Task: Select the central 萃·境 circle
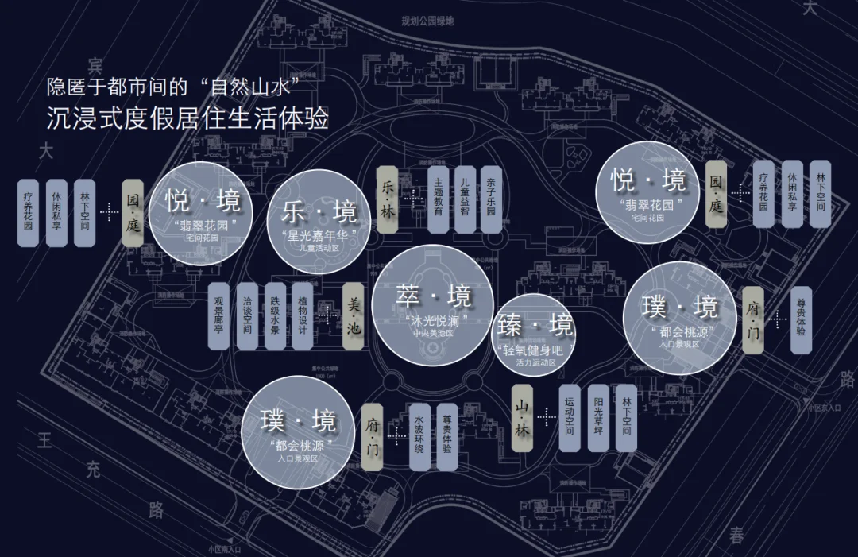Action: tap(434, 305)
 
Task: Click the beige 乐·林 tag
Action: tap(388, 199)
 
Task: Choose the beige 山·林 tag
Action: tap(522, 418)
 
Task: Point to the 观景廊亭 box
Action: tap(219, 316)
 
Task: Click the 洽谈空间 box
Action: tap(247, 316)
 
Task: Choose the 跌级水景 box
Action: tap(274, 316)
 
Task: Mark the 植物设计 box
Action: tap(302, 316)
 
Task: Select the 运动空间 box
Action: tap(570, 418)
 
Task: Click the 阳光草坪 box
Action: tap(598, 418)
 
